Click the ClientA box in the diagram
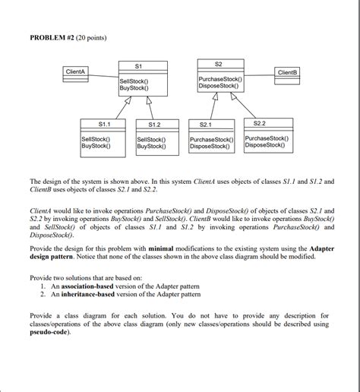click(77, 71)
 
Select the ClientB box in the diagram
click(289, 72)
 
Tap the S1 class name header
click(137, 66)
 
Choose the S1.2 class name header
click(156, 124)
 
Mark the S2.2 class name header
click(266, 122)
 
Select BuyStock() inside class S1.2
click(152, 146)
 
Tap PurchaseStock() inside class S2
click(220, 79)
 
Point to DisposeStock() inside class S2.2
click(267, 145)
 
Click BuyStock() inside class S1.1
click(96, 146)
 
